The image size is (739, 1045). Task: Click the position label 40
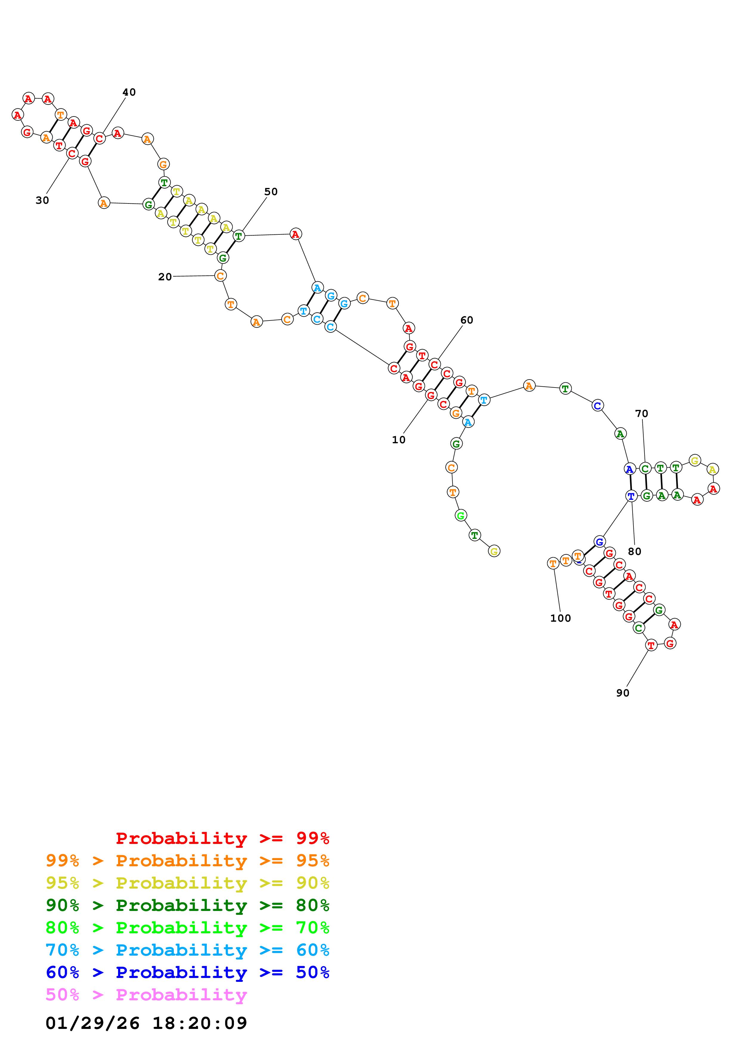[x=129, y=92]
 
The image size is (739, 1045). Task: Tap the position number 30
[x=42, y=200]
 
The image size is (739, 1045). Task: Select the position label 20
[x=165, y=277]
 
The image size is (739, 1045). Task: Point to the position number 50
[x=271, y=192]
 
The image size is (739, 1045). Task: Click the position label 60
[x=467, y=320]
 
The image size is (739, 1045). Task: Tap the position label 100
[x=560, y=618]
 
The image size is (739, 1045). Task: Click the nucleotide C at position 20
[x=220, y=276]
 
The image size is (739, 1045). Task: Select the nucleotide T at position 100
[x=553, y=564]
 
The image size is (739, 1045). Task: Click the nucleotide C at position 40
[x=99, y=138]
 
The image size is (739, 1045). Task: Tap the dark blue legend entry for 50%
[x=188, y=972]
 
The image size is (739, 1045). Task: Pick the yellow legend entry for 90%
[x=188, y=883]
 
